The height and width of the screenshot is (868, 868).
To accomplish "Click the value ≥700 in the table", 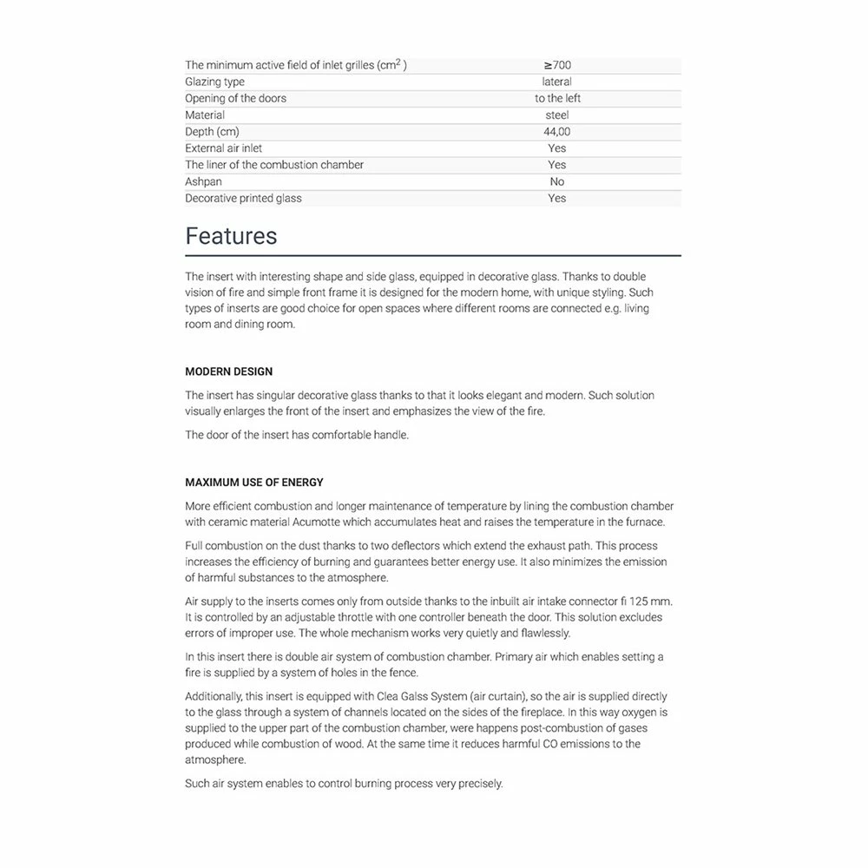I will click(557, 65).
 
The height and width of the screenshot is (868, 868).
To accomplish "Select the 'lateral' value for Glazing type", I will click(557, 82).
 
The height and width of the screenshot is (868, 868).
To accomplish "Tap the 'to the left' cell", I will click(557, 98).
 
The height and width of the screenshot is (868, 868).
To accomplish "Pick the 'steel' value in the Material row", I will click(557, 115).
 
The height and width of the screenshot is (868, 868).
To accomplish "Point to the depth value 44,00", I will click(557, 132).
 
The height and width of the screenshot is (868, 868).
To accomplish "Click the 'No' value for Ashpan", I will click(557, 181).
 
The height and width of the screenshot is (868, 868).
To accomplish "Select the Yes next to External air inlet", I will click(557, 148).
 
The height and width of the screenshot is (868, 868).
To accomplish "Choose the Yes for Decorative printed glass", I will click(557, 198).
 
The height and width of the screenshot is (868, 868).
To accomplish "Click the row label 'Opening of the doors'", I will click(235, 98).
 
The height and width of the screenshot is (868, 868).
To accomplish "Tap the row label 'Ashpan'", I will click(203, 181).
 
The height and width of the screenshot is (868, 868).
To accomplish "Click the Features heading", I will click(231, 236).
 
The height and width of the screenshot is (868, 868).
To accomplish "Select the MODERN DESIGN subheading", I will click(228, 372).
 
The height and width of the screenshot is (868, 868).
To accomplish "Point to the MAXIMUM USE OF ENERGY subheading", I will click(254, 483).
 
